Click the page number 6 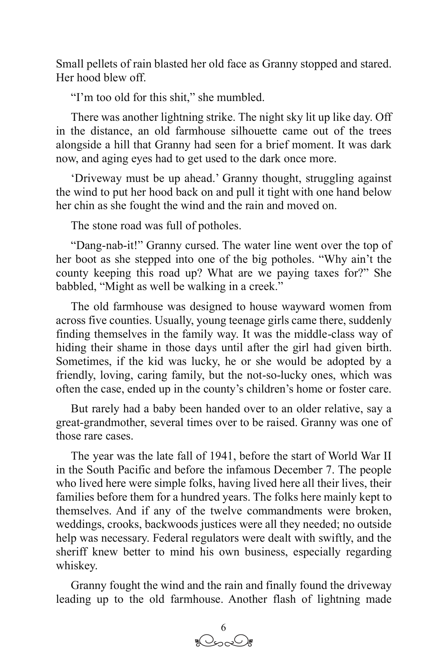point(223,627)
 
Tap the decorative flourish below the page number point(223,642)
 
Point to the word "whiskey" point(76,566)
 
